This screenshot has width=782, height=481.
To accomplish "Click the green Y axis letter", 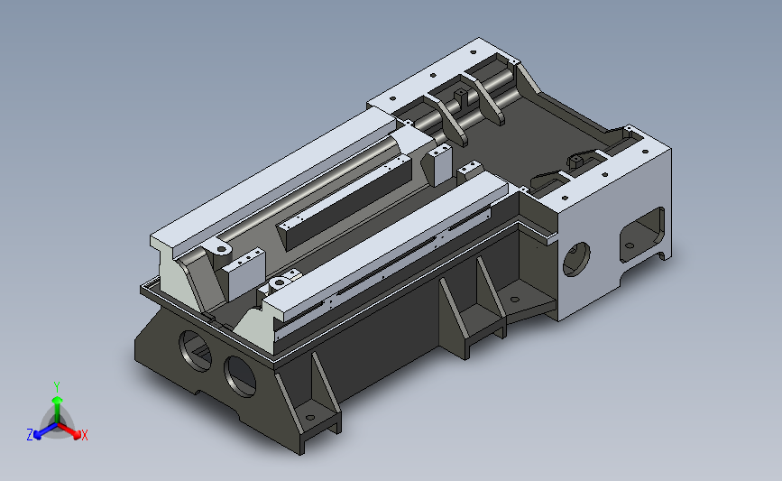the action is point(57,387).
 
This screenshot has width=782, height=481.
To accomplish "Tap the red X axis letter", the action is point(84,435).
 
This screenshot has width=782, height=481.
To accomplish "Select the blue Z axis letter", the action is point(30,435).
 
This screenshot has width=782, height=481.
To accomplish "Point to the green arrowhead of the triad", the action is point(57,401).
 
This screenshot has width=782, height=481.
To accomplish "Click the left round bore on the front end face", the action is point(195,351).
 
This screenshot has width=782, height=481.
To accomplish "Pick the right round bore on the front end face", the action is point(240,376).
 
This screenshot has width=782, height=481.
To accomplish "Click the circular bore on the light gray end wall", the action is point(576,259).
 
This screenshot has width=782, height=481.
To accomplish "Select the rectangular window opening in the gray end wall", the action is point(642,235).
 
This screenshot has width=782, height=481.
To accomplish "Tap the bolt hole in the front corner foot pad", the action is point(309,418).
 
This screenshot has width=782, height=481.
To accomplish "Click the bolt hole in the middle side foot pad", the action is point(515,300).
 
